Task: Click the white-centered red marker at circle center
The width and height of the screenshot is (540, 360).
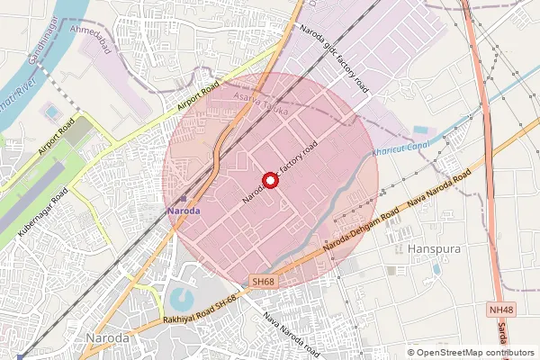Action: (269, 180)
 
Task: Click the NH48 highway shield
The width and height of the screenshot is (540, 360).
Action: (502, 310)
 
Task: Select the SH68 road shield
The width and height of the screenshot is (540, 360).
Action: (263, 282)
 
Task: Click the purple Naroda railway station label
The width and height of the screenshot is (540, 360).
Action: (184, 210)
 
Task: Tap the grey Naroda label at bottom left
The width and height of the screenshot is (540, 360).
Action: (106, 337)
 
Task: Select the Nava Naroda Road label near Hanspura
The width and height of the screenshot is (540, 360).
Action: (439, 192)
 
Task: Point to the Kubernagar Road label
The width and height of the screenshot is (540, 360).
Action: (44, 212)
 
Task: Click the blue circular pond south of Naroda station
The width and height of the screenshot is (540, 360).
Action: (181, 298)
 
